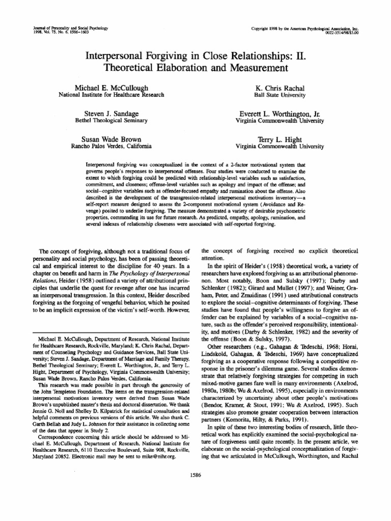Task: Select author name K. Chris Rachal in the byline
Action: coord(280,88)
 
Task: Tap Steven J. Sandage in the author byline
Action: coord(110,113)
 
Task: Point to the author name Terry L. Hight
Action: coord(280,139)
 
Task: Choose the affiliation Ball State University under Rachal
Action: coord(280,95)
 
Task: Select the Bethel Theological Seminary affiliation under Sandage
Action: coord(110,121)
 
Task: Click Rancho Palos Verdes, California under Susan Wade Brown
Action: coord(110,146)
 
